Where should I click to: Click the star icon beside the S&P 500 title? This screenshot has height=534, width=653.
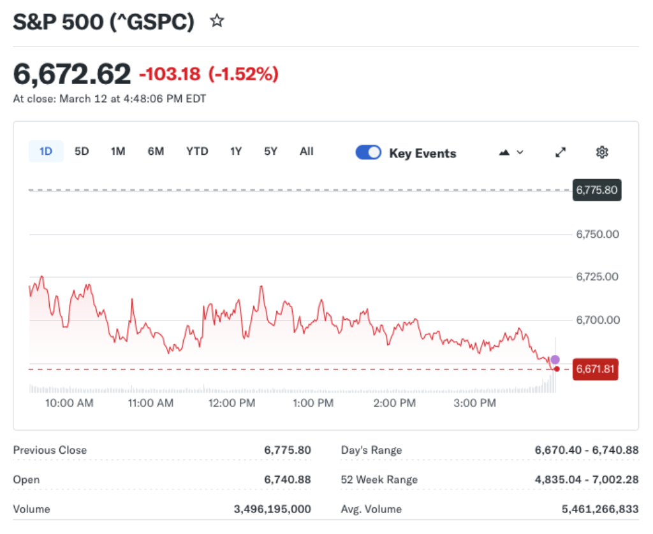[x=217, y=21]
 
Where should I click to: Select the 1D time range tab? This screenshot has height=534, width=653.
[x=46, y=152]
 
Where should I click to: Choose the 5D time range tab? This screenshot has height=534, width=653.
[x=82, y=152]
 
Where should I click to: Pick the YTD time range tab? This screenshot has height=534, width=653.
[x=197, y=152]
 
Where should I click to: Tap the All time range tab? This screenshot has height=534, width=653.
[x=307, y=152]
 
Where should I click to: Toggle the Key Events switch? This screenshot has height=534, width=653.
[x=368, y=153]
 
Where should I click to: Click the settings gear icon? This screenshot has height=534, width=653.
[x=602, y=152]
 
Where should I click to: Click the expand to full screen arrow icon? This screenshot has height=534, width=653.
[x=561, y=152]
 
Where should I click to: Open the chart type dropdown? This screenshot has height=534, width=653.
[x=512, y=152]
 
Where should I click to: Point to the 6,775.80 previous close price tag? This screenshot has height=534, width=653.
[x=597, y=190]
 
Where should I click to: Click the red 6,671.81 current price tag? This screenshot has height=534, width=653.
[x=596, y=369]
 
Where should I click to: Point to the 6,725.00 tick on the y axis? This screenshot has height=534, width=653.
[x=598, y=277]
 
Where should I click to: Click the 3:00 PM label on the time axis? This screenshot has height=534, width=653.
[x=474, y=403]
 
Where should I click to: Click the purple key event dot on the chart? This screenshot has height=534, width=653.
[x=555, y=359]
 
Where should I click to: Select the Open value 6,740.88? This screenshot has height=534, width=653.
[x=288, y=480]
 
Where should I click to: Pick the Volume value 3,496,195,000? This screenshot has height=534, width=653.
[x=272, y=509]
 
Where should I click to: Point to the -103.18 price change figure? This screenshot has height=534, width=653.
[x=170, y=75]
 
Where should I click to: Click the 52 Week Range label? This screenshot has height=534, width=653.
[x=379, y=480]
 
